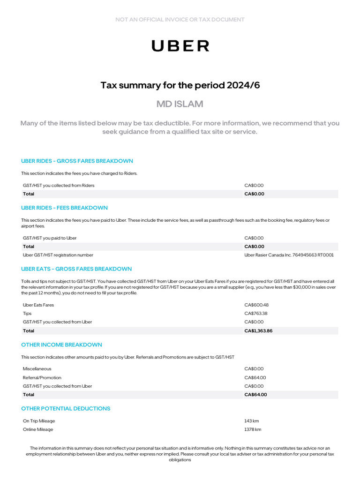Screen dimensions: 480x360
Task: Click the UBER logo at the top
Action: pyautogui.click(x=180, y=45)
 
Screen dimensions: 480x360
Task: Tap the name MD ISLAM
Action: pyautogui.click(x=180, y=104)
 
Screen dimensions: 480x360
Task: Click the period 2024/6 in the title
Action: pyautogui.click(x=243, y=85)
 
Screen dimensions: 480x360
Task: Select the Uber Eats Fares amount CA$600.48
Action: pyautogui.click(x=256, y=305)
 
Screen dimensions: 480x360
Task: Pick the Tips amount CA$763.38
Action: pyautogui.click(x=256, y=314)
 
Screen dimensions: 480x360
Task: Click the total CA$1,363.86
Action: pyautogui.click(x=258, y=331)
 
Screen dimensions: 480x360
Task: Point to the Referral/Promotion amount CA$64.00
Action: pyautogui.click(x=255, y=378)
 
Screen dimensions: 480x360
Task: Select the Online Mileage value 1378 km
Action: pyautogui.click(x=253, y=429)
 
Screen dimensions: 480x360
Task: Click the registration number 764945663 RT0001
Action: pyautogui.click(x=313, y=255)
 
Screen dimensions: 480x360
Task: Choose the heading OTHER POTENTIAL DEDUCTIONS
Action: pyautogui.click(x=66, y=409)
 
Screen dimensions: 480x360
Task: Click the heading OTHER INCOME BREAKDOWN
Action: pyautogui.click(x=61, y=345)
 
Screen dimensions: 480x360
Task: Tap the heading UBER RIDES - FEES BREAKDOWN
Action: pyautogui.click(x=64, y=208)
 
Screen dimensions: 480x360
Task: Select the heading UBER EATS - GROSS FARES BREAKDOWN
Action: pyautogui.click(x=76, y=269)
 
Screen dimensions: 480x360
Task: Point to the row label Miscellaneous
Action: pyautogui.click(x=37, y=369)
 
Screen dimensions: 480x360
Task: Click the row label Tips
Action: pyautogui.click(x=27, y=314)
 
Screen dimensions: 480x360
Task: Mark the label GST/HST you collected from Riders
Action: pyautogui.click(x=59, y=186)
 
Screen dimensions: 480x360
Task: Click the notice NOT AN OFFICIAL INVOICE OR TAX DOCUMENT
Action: pyautogui.click(x=180, y=20)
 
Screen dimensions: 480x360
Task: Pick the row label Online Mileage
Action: pyautogui.click(x=38, y=429)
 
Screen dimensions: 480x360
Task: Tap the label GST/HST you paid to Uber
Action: pyautogui.click(x=50, y=238)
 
